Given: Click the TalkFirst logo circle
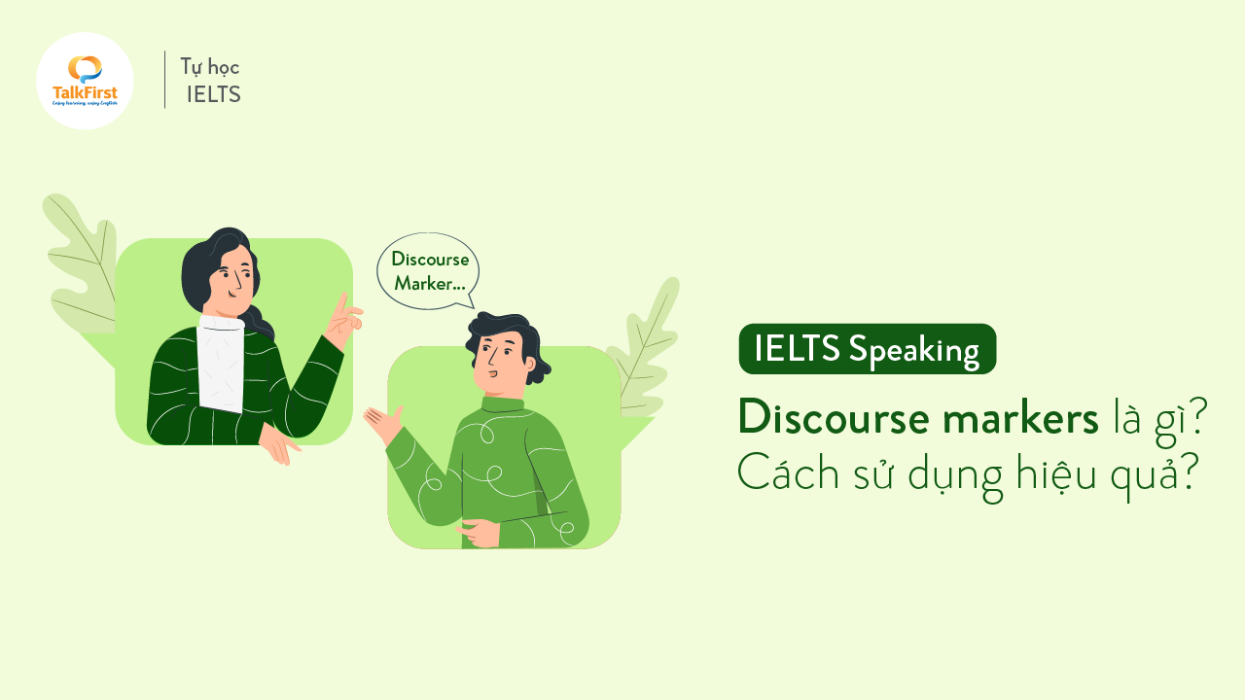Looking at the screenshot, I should click(x=85, y=81).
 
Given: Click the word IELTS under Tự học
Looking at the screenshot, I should click(x=213, y=94).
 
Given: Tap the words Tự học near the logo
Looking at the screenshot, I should click(x=209, y=67).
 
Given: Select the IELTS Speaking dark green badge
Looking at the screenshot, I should click(x=867, y=349).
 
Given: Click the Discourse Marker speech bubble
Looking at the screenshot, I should click(x=429, y=271).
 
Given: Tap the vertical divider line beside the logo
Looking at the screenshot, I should click(x=164, y=80).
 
